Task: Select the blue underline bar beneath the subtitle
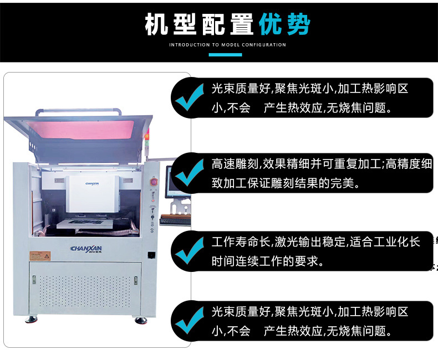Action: click(x=225, y=55)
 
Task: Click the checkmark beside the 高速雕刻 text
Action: click(x=190, y=173)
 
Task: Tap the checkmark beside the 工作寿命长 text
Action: click(x=190, y=251)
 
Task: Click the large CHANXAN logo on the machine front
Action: click(x=86, y=249)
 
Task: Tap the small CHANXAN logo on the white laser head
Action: click(x=92, y=184)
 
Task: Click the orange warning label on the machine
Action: click(x=40, y=256)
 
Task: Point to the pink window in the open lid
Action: click(x=81, y=129)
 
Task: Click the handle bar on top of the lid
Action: click(x=79, y=111)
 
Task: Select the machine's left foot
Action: click(x=31, y=319)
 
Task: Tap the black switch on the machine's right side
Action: click(x=151, y=255)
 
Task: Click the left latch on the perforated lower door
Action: click(x=34, y=279)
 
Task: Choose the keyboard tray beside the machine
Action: click(x=175, y=220)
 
